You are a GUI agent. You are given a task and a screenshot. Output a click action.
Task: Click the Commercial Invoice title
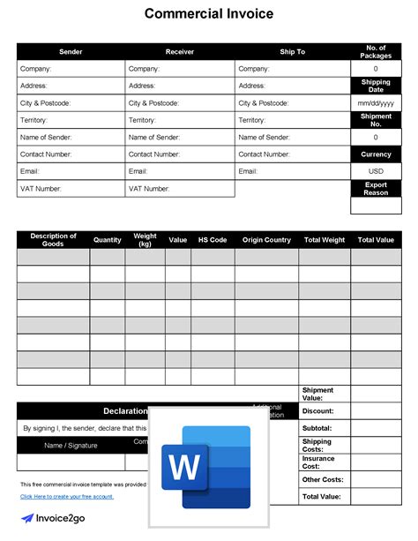pos(209,14)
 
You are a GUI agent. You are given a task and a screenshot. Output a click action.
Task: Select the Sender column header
pos(71,52)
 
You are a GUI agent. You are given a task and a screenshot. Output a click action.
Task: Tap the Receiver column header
pos(180,52)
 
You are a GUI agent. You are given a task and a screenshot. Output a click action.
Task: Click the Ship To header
pos(293,52)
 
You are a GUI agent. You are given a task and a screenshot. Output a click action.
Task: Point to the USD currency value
pos(376,171)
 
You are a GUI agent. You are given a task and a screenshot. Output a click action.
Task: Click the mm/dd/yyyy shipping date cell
pos(376,103)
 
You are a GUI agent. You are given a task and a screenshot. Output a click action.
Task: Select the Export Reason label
pos(376,189)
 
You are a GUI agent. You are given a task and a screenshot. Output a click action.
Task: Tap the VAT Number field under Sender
pos(71,189)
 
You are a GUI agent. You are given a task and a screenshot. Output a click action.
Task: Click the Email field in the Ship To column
pos(293,171)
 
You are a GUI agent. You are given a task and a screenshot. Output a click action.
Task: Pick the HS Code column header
pos(213,240)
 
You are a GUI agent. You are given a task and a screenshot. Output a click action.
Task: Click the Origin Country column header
pos(266,240)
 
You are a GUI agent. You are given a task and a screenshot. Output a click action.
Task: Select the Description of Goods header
pos(53,240)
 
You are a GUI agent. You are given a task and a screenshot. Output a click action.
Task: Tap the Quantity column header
pos(108,240)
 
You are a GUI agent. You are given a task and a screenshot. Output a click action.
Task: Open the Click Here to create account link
pos(67,497)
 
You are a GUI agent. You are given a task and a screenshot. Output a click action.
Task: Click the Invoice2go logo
pos(56,520)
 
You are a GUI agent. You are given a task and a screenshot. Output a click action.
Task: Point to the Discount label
pos(317,411)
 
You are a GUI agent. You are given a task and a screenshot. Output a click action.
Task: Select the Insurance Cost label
pos(318,463)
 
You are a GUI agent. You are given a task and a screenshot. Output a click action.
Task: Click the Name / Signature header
pos(71,445)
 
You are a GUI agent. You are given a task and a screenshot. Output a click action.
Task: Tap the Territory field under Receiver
pos(180,120)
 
